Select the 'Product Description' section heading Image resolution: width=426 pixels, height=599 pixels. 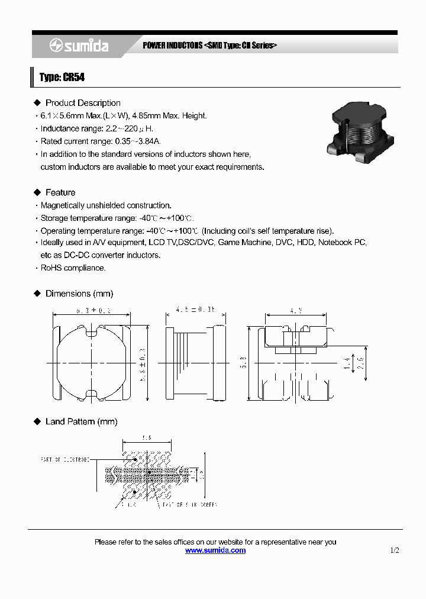click(83, 103)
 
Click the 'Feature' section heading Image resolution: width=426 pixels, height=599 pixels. click(60, 192)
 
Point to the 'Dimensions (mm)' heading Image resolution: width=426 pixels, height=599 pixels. click(79, 294)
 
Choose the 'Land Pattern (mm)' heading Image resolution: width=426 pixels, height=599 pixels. click(81, 421)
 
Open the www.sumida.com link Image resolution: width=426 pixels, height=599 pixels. click(215, 550)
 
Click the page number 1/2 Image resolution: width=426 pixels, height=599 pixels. click(395, 550)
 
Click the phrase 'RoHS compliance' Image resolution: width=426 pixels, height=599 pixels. click(73, 268)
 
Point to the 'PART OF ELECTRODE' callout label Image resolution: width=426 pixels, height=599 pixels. click(65, 459)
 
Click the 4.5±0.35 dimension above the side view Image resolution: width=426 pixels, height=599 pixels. click(196, 309)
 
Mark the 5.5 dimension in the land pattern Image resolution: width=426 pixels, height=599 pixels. click(147, 439)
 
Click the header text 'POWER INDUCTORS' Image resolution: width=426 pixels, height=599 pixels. click(172, 46)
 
